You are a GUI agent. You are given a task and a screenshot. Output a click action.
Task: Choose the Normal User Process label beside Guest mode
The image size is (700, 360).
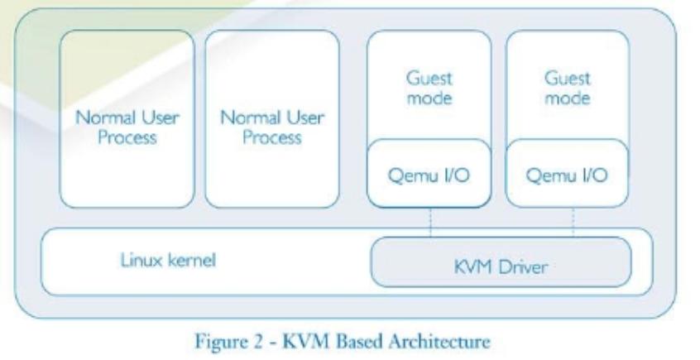(271, 127)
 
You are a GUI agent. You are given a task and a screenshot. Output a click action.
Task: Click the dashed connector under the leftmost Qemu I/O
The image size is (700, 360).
(430, 222)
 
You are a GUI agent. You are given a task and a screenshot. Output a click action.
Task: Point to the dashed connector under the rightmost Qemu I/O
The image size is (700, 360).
(574, 222)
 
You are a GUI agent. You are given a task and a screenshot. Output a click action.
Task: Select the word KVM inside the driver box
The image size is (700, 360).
(476, 269)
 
